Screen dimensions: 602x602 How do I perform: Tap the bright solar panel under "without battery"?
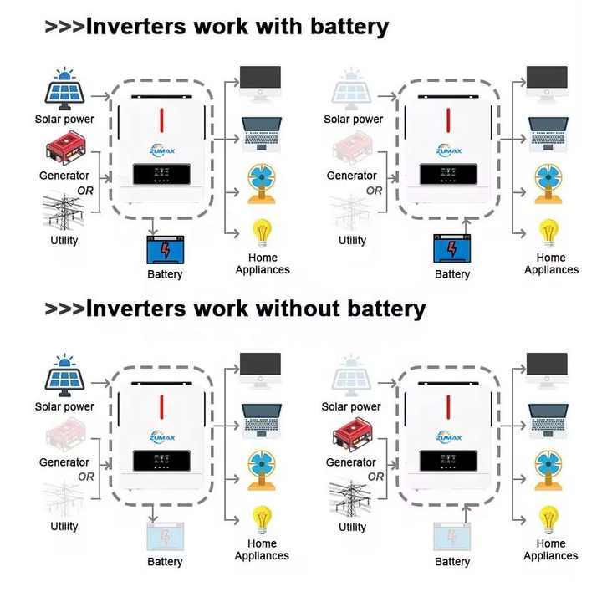(64, 378)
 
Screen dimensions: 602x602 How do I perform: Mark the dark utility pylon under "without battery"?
(352, 499)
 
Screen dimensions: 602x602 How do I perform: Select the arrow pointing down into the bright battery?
(154, 228)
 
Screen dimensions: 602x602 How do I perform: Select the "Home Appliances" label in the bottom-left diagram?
(262, 549)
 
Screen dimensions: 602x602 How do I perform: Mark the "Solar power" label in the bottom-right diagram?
(351, 406)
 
